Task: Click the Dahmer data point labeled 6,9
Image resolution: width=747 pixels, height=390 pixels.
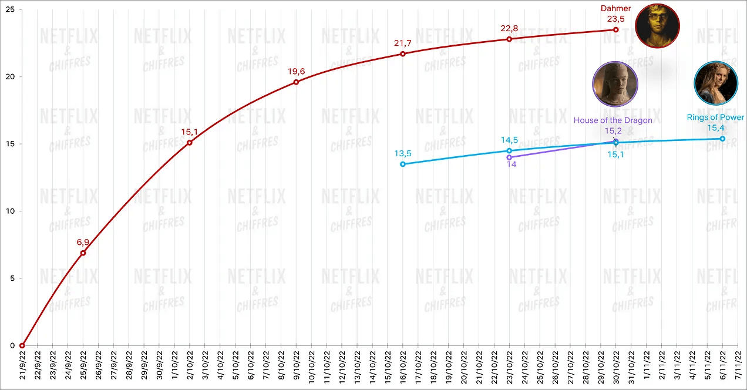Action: [x=83, y=253]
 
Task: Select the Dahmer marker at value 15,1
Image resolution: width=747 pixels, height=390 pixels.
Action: [x=190, y=143]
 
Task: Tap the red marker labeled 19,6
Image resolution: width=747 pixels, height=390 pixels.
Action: [x=296, y=82]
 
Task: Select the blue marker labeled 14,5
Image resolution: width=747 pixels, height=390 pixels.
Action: [x=509, y=151]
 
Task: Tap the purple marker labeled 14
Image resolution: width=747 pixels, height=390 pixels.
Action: [x=509, y=157]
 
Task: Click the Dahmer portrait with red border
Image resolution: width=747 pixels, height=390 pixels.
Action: [x=657, y=25]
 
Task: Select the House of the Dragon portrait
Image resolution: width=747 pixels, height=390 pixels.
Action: [x=615, y=84]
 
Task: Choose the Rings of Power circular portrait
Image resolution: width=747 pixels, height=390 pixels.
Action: [x=716, y=83]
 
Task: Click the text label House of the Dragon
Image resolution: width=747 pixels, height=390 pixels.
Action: [x=613, y=120]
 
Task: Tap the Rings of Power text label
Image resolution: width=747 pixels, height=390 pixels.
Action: [x=715, y=117]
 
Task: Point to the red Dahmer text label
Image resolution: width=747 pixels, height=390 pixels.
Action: [x=615, y=8]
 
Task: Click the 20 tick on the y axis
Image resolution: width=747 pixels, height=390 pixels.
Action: [x=11, y=77]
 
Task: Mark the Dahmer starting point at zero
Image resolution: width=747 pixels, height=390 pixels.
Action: [x=22, y=345]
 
